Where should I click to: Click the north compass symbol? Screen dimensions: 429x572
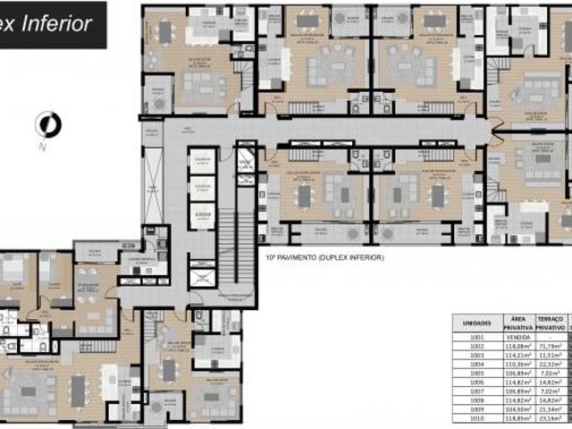click(48, 124)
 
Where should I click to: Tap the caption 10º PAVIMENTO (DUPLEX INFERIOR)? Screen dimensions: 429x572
click(324, 257)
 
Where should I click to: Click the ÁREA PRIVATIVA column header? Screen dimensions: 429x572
click(517, 323)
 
